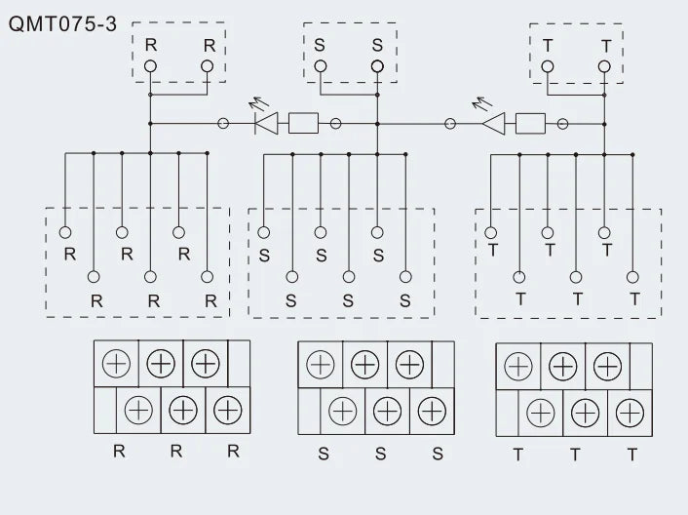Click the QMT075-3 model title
pos(62,23)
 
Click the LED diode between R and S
pos(266,123)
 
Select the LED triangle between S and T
pos(494,124)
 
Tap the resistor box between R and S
pos(304,123)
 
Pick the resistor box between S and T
pos(530,124)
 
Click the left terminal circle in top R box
pos(150,66)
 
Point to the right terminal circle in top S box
pos(377,66)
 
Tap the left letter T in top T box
pos(548,46)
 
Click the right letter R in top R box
pos(210,45)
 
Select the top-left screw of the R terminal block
pos(116,364)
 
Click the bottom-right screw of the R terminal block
pos(228,410)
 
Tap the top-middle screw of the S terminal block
pos(365,365)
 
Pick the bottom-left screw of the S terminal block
pos(343,412)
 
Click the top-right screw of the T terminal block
pos(608,366)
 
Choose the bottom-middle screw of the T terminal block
pos(586,413)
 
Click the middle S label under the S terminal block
pos(380,454)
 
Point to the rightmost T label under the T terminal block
pos(631,455)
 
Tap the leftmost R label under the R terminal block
pos(119,451)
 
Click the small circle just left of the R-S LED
pos(223,123)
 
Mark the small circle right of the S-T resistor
pos(562,124)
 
